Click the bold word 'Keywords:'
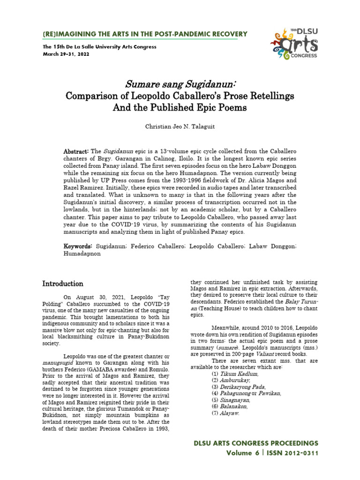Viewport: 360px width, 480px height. click(78, 246)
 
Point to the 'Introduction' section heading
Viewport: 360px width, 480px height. click(63, 284)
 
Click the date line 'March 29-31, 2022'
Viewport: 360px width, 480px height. click(66, 53)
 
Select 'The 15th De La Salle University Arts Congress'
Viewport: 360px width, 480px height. click(99, 47)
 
